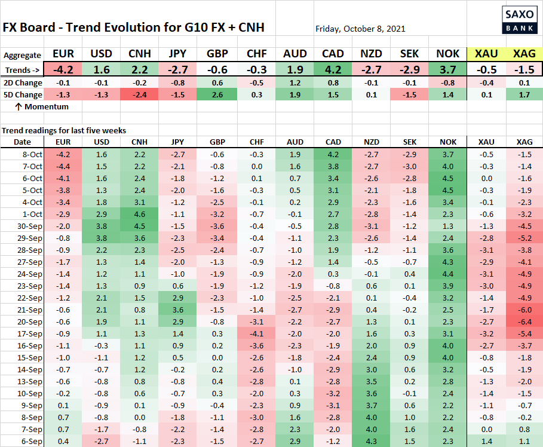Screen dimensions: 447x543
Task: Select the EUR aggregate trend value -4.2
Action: coord(63,69)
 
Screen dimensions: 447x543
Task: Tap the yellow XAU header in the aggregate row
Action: coord(485,54)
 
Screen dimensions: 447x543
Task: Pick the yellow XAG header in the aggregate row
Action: coord(524,54)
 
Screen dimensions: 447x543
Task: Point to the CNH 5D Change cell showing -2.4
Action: coord(140,94)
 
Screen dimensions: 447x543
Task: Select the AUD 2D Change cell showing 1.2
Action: coord(295,83)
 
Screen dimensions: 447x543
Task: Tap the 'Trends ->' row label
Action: coord(22,69)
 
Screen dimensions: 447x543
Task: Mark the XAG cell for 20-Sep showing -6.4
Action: coord(524,322)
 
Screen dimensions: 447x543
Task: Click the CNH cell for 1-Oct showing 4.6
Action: coord(140,214)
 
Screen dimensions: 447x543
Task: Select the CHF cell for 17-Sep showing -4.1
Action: coord(256,333)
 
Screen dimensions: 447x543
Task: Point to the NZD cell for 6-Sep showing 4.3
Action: coord(372,441)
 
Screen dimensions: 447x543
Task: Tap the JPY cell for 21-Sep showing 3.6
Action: coord(178,310)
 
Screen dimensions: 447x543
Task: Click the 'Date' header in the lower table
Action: coord(22,142)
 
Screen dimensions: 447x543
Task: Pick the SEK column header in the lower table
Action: coord(410,142)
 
